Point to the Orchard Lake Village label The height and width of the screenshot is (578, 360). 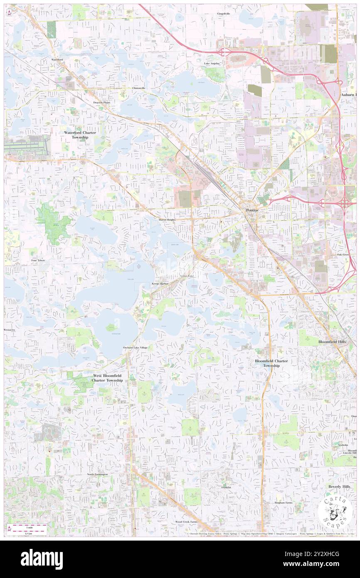[x=135, y=347]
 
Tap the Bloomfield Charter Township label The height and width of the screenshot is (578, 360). [x=271, y=363]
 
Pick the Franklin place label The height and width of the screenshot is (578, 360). [x=226, y=487]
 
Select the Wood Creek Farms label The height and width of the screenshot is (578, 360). [x=186, y=521]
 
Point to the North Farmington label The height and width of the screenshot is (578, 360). [x=97, y=474]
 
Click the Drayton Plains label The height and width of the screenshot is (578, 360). [x=102, y=102]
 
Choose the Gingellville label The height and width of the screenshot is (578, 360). [x=224, y=14]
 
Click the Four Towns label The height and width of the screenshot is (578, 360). [x=38, y=260]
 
